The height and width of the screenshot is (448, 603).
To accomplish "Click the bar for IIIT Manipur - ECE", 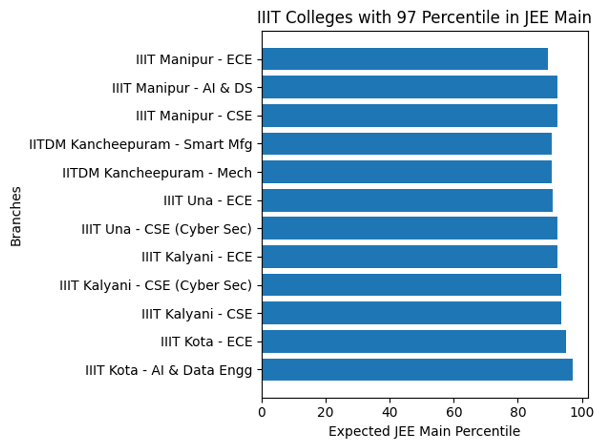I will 405,59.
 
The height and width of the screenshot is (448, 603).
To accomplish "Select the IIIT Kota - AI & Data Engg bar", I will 417,370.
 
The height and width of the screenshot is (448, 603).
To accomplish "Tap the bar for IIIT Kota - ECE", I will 414,342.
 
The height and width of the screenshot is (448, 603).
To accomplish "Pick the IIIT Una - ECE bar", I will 407,201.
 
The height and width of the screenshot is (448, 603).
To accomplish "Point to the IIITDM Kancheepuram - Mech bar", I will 407,172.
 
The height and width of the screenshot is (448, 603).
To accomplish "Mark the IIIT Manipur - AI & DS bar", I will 409,87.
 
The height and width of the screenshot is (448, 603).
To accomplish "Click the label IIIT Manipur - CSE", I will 193,116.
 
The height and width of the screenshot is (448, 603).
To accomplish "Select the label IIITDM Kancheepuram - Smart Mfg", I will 140,145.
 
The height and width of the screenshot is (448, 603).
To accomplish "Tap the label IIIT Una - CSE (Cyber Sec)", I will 166,230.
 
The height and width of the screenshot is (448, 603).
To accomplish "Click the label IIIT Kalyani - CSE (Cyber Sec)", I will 155,286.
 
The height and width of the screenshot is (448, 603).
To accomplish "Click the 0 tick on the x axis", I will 262,412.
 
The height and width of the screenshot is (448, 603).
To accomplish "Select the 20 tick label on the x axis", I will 326,412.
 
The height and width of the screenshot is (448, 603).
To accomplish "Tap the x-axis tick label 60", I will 454,412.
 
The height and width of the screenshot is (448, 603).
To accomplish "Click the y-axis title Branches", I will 17,216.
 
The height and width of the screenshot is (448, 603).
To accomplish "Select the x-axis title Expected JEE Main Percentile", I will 424,431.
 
